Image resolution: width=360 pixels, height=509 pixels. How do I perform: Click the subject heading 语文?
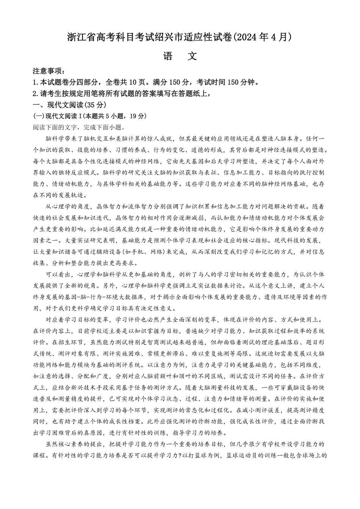(x=180, y=56)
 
